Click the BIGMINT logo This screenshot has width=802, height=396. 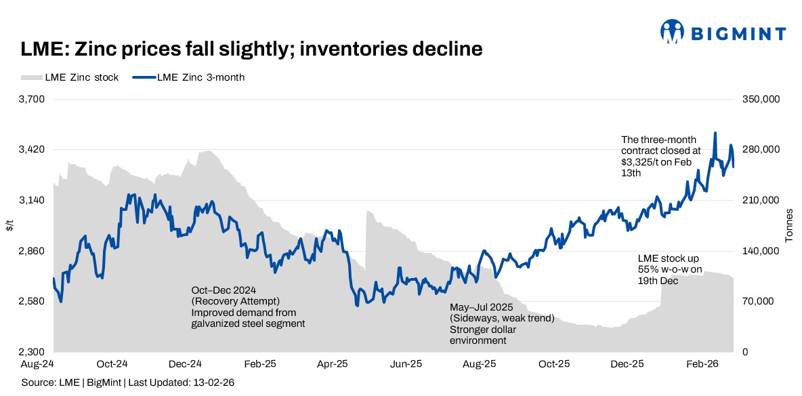point(723,33)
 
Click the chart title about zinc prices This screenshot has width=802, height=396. point(251,49)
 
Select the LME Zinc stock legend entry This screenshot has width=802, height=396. point(70,77)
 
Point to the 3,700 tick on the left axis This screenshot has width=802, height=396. point(30,99)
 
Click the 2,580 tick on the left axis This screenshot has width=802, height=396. point(30,302)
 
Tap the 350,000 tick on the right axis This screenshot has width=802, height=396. point(762,99)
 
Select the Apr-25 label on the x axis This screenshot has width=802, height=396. point(333,364)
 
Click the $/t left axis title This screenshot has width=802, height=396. point(9,226)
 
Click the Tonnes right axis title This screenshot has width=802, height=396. point(789,226)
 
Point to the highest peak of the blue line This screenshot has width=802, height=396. point(715,133)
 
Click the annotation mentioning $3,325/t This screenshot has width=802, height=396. point(650,157)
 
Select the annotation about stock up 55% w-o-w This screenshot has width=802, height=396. point(669,270)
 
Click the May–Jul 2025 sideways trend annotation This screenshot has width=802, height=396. point(502,323)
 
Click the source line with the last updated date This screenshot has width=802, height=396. point(128,383)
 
